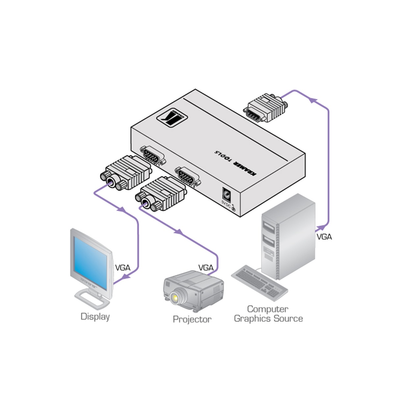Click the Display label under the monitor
click(95, 317)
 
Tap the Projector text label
click(192, 319)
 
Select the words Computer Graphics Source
click(268, 314)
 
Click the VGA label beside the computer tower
click(324, 237)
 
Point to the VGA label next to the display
click(122, 268)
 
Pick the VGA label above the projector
click(206, 268)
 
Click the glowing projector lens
click(174, 298)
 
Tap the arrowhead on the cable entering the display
click(124, 279)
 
